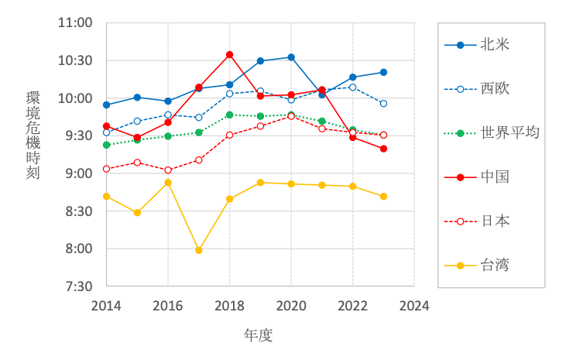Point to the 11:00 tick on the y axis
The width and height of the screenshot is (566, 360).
(x=75, y=23)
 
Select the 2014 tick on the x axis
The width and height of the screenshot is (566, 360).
(x=106, y=305)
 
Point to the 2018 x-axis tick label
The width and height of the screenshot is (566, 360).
(x=229, y=305)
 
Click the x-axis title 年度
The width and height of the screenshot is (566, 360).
(x=259, y=335)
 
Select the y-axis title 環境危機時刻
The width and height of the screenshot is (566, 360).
(x=33, y=135)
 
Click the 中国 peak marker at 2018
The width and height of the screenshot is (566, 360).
(x=230, y=55)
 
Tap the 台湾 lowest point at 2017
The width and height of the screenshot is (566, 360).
(x=199, y=250)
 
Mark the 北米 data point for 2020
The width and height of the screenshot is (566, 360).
(x=291, y=57)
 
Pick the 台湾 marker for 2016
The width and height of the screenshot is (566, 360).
(x=168, y=183)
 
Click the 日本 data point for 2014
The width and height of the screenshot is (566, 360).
(x=106, y=169)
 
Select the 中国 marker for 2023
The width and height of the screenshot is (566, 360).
(x=383, y=149)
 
